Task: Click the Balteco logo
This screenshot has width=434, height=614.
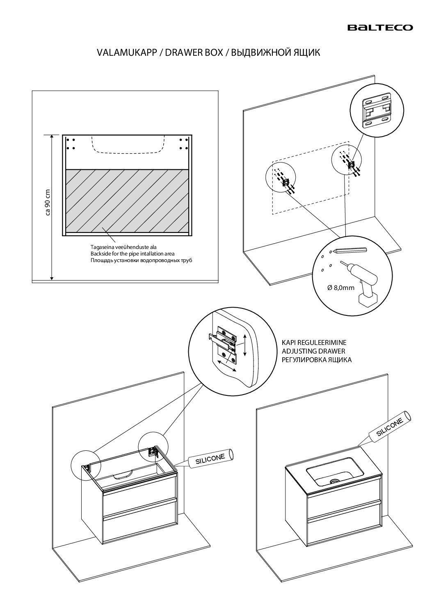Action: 380,27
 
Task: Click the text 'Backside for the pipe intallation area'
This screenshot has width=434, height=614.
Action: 132,254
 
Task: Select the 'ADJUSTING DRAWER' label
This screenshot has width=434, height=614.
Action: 313,351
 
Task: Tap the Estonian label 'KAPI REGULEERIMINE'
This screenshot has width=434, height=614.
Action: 314,342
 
